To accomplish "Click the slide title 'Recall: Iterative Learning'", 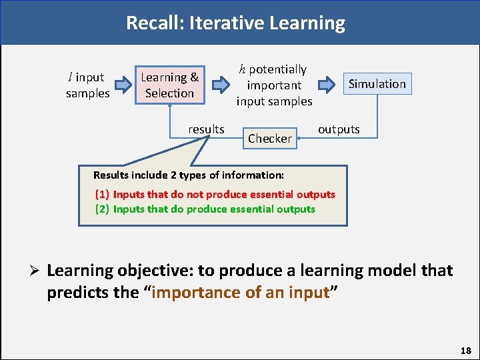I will (x=235, y=23).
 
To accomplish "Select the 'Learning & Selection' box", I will (x=169, y=85).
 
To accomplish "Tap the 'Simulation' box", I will (x=377, y=84).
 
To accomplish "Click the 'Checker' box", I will (x=270, y=139).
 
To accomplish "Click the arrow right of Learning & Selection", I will (x=219, y=85).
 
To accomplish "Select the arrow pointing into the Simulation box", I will (x=327, y=85).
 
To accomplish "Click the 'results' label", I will (x=206, y=129).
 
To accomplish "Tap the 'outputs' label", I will (x=339, y=129).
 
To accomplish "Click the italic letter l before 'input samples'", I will (x=70, y=77).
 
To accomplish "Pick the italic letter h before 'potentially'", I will (x=243, y=69).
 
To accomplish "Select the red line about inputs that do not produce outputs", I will (x=215, y=195).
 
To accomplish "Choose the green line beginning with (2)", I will (x=205, y=209).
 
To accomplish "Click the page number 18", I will (x=465, y=350).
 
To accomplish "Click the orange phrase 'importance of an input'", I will (x=241, y=293).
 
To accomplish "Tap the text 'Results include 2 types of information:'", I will (x=189, y=175).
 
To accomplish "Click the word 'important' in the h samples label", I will (x=274, y=85).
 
